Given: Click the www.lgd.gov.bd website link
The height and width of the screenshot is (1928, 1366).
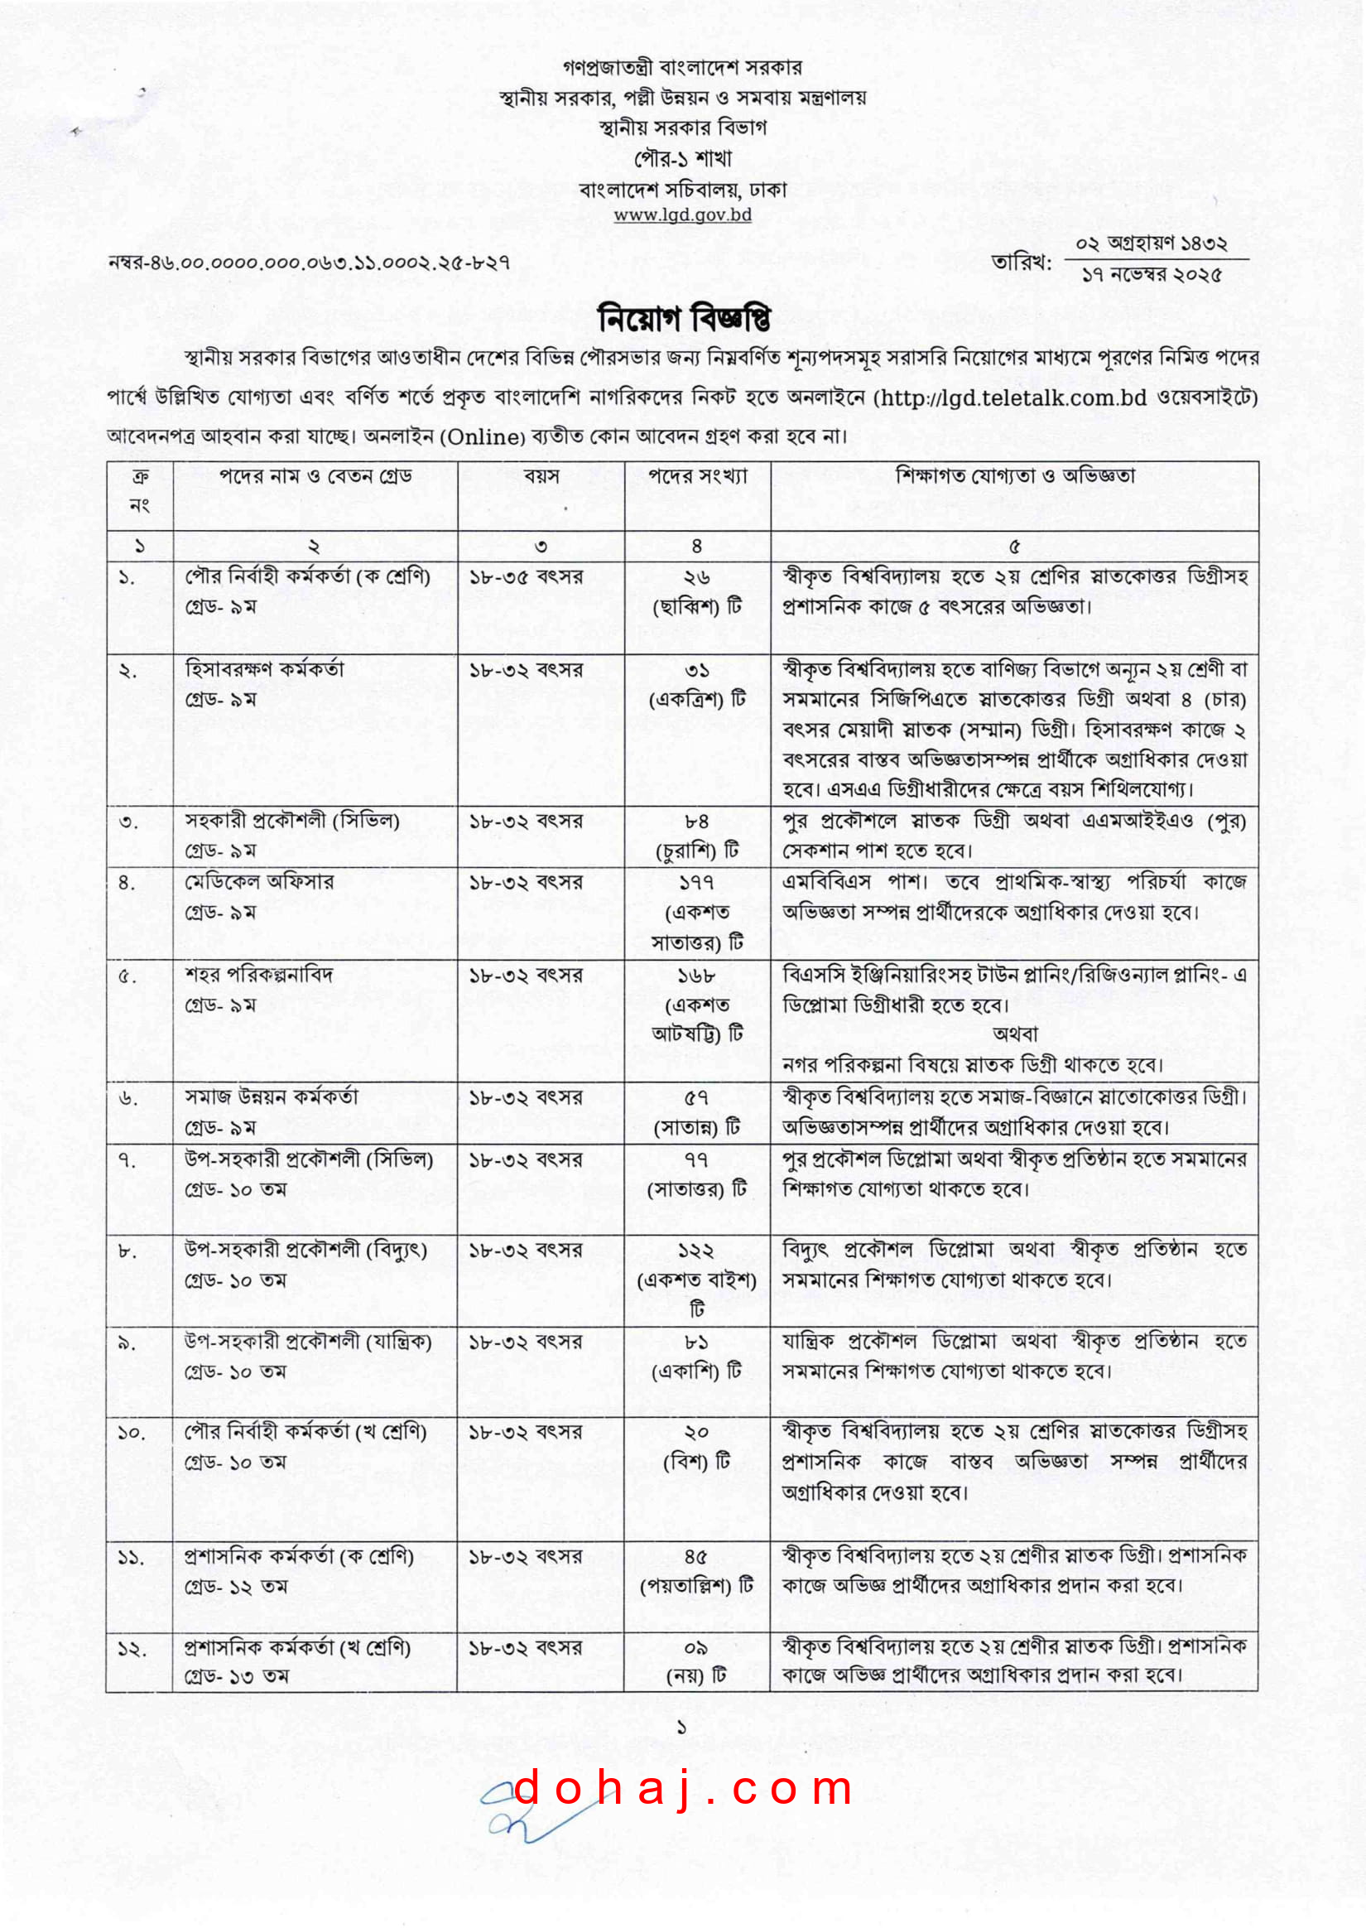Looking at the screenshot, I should click(x=682, y=214).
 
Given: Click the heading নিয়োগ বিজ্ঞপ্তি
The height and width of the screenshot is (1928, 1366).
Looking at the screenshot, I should click(x=683, y=319).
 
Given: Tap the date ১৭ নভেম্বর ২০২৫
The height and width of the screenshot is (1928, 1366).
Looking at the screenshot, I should click(x=1152, y=275).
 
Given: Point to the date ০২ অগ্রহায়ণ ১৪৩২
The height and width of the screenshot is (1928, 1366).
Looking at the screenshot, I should click(x=1152, y=244).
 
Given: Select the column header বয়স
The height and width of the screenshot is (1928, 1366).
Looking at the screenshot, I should click(x=541, y=476).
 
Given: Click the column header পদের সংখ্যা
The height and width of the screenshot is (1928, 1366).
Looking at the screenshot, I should click(x=697, y=476).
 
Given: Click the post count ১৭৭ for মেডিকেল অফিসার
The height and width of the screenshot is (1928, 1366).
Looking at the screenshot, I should click(x=696, y=882).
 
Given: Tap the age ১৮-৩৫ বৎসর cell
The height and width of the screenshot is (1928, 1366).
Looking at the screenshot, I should click(x=526, y=577).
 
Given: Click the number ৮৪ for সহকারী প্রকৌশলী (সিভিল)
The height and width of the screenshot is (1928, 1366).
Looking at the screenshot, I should click(x=696, y=821).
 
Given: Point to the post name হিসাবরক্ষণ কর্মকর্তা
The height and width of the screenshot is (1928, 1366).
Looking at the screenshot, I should click(x=264, y=670).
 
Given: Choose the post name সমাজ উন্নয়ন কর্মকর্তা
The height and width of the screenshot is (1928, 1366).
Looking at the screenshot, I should click(x=271, y=1097).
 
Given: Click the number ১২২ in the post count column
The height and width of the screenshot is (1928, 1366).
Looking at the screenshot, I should click(x=696, y=1251).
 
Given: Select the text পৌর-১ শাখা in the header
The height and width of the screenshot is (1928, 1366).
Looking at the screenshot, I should click(x=683, y=158).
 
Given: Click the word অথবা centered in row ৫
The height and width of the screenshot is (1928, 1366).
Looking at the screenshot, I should click(x=1015, y=1034).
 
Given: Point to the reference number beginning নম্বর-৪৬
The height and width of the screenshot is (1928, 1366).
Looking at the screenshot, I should click(x=309, y=263).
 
